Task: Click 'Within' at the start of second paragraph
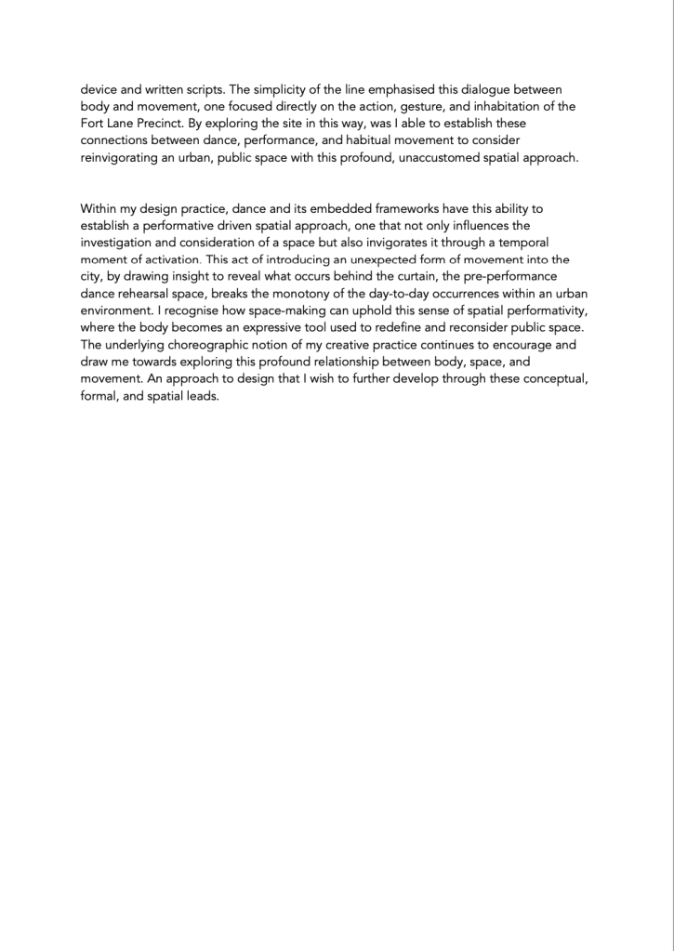(x=99, y=208)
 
